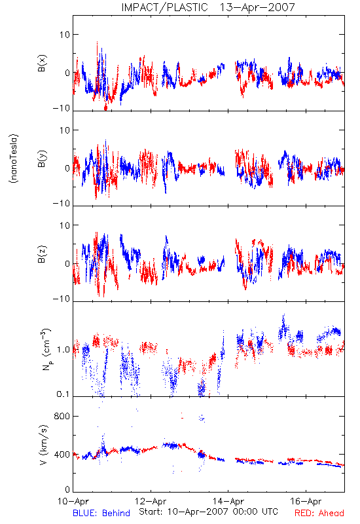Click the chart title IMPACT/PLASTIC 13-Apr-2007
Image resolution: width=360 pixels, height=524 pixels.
tap(208, 7)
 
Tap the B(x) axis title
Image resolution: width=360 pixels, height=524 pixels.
tap(42, 63)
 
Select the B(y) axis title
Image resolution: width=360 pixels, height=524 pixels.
tap(42, 159)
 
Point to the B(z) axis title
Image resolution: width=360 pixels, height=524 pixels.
tap(42, 254)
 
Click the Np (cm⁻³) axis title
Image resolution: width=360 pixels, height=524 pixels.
tap(46, 349)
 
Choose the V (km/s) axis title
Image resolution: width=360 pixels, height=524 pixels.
tap(44, 445)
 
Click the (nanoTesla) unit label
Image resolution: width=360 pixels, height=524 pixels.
tap(14, 158)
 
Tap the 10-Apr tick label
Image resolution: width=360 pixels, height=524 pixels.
tap(73, 501)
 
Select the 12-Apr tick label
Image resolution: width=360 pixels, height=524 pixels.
tap(151, 501)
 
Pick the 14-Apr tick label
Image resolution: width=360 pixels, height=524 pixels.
tap(228, 501)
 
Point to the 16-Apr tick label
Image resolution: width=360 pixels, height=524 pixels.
tap(306, 501)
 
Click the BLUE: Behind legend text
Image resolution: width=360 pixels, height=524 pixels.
tap(101, 513)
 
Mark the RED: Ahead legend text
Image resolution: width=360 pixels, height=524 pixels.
tap(319, 513)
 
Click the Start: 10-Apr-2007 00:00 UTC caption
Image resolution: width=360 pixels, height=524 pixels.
tap(208, 512)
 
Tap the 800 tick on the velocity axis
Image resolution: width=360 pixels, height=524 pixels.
tap(62, 416)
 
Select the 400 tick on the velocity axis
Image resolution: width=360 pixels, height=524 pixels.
tap(62, 455)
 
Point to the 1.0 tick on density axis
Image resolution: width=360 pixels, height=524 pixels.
tap(63, 350)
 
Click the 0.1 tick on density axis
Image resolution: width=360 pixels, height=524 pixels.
tap(63, 394)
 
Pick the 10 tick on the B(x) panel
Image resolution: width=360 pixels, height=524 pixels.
tap(65, 35)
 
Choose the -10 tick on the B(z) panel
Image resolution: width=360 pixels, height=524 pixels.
tap(62, 299)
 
